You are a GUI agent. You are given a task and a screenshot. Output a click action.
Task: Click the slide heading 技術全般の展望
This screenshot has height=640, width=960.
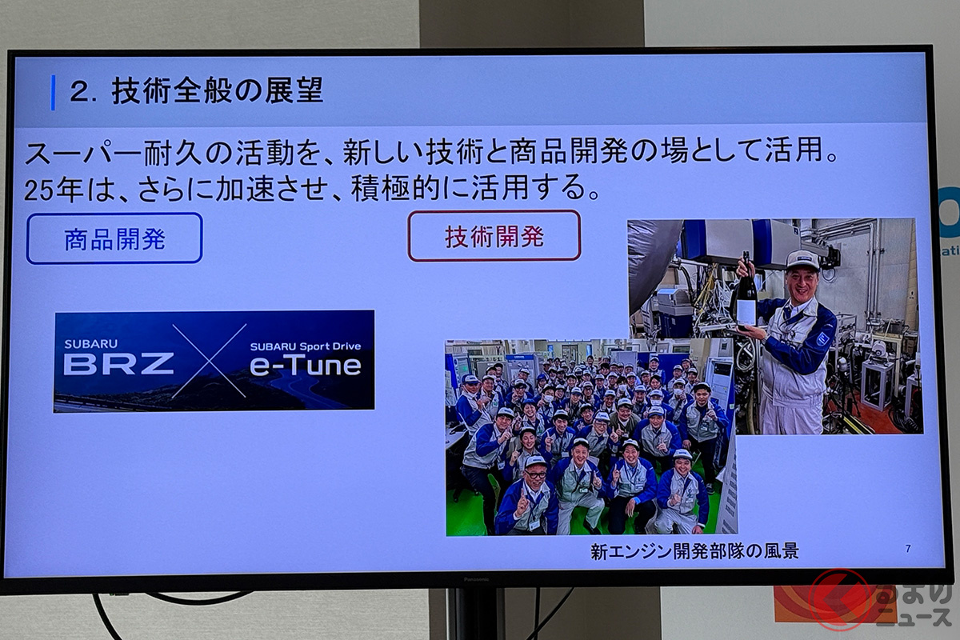tap(217, 91)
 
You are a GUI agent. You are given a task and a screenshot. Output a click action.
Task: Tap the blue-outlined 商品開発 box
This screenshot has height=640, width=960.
tap(114, 238)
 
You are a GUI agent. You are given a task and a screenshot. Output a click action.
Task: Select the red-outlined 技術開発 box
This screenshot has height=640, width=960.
tap(494, 235)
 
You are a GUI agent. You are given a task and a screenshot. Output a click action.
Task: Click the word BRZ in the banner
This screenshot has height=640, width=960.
tap(118, 363)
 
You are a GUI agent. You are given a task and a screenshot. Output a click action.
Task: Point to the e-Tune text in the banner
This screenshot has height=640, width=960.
tap(305, 366)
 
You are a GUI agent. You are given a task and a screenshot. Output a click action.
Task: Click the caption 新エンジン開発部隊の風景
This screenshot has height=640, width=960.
tap(694, 551)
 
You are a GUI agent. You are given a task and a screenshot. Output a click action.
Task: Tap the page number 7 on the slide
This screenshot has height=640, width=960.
tap(908, 549)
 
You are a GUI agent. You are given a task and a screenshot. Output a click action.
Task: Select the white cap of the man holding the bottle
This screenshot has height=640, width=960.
tap(802, 260)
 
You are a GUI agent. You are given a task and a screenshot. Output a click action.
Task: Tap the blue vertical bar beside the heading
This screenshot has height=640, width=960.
tap(53, 92)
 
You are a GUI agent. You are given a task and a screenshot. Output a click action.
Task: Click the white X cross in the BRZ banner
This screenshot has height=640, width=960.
tap(210, 360)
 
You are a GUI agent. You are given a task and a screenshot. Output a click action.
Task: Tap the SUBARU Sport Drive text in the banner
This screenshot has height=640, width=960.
tap(305, 346)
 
